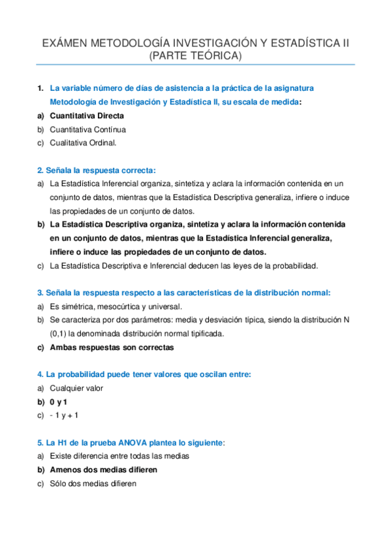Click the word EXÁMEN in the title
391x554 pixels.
tap(63, 43)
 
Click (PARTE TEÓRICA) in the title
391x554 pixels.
tap(195, 56)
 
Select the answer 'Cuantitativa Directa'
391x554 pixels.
tap(87, 116)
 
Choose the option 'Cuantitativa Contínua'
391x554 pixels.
tap(88, 129)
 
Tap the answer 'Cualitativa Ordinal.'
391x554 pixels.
tap(83, 142)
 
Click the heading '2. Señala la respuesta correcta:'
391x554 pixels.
tap(97, 170)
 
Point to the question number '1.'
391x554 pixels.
tap(40, 88)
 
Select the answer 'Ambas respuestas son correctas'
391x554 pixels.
tap(112, 348)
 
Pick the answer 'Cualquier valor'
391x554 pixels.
tap(76, 388)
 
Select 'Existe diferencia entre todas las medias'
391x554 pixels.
tap(119, 456)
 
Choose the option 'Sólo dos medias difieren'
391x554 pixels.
tap(93, 483)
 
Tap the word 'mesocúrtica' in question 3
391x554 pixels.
tap(114, 306)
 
